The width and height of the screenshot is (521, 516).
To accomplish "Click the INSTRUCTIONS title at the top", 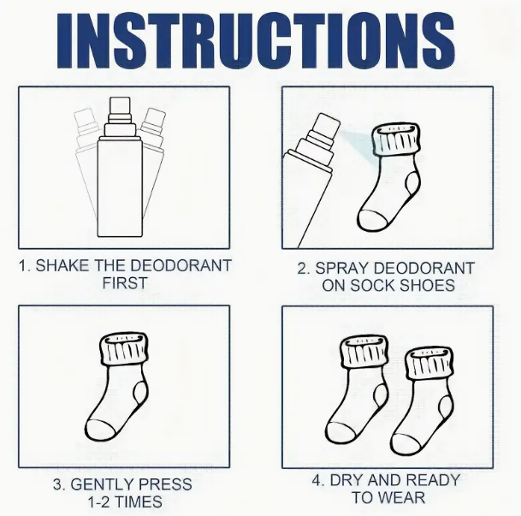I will pos(260,36).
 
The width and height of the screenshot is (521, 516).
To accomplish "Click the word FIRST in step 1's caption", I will pos(125,284).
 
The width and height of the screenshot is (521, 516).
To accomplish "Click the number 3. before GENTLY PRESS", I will pos(59,484).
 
